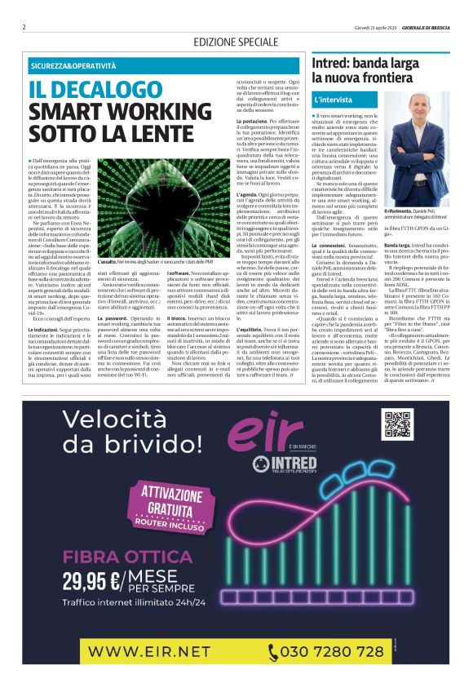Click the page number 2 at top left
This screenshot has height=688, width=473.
pos(24,26)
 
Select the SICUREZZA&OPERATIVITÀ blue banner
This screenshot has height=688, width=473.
pos(77,64)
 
